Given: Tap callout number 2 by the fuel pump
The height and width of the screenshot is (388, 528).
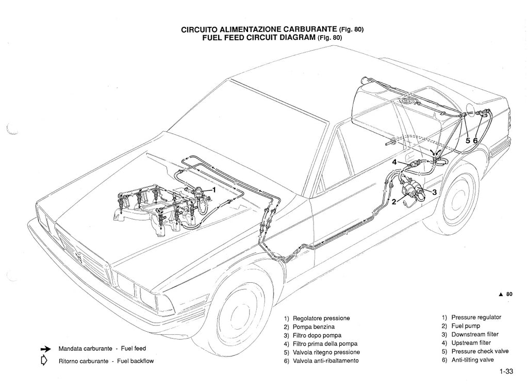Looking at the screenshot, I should click(x=394, y=202).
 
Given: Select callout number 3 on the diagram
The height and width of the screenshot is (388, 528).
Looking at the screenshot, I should click(x=434, y=192).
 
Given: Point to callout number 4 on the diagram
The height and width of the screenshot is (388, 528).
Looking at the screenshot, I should click(x=394, y=162).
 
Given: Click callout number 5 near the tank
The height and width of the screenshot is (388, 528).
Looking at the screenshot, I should click(x=467, y=140).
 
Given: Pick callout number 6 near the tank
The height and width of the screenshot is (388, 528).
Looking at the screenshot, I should click(x=475, y=140).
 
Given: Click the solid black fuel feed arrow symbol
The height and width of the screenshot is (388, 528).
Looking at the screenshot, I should click(x=45, y=349).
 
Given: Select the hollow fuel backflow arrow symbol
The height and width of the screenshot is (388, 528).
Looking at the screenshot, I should click(x=44, y=360).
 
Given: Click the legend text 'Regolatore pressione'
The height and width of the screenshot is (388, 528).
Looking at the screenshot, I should click(x=321, y=318).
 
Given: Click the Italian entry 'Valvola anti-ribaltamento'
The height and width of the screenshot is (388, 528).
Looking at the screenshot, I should click(x=325, y=361).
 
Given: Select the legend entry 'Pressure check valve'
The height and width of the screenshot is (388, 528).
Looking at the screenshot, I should click(x=480, y=351).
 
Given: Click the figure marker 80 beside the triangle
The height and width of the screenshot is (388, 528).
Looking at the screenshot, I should click(x=509, y=294).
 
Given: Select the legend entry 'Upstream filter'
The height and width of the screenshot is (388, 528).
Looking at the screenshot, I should click(x=471, y=343).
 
